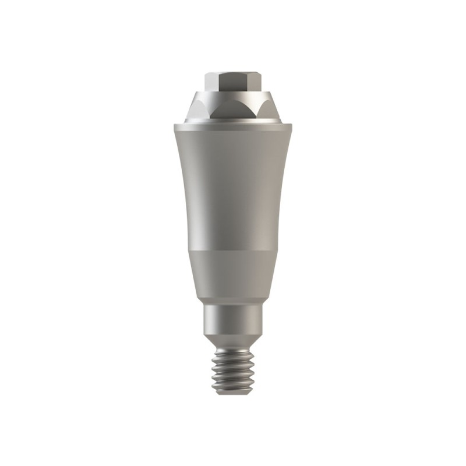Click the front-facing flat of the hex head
click(x=232, y=81)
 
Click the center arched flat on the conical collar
click(x=233, y=110)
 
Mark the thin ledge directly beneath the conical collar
click(x=233, y=121)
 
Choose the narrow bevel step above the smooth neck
click(x=233, y=302)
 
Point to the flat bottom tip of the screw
click(x=233, y=394)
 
